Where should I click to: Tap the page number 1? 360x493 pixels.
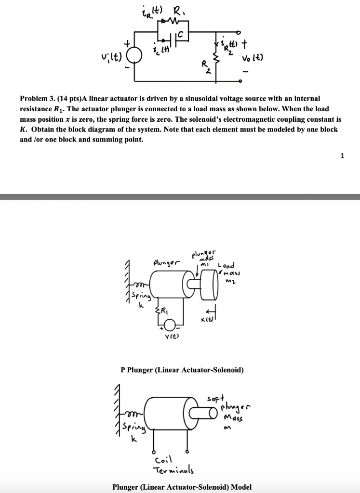[x=342, y=155]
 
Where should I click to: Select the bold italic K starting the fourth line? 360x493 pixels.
[x=22, y=130]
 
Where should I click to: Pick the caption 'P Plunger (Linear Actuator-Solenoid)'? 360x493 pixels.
[x=182, y=370]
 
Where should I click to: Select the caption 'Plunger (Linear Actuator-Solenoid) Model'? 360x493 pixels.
[x=182, y=487]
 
